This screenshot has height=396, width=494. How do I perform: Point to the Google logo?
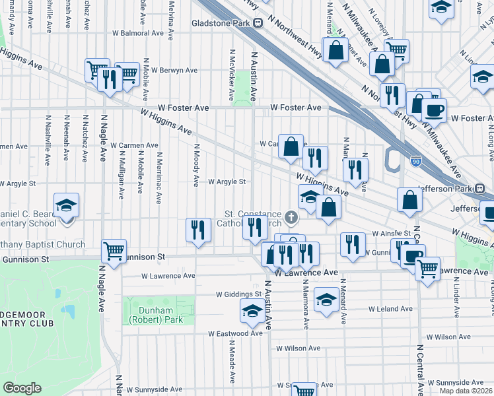22,387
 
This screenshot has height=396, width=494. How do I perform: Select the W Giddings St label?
238,294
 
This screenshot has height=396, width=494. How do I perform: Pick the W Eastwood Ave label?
236,334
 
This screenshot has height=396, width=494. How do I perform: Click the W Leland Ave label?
391,309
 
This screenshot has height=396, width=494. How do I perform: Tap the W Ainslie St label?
392,234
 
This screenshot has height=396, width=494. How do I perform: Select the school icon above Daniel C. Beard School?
66,205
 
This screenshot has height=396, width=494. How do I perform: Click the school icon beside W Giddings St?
252,311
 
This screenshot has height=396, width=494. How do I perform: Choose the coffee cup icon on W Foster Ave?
434,110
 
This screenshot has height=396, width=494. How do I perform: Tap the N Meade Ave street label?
232,361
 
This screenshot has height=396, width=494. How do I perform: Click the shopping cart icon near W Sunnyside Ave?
304,391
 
